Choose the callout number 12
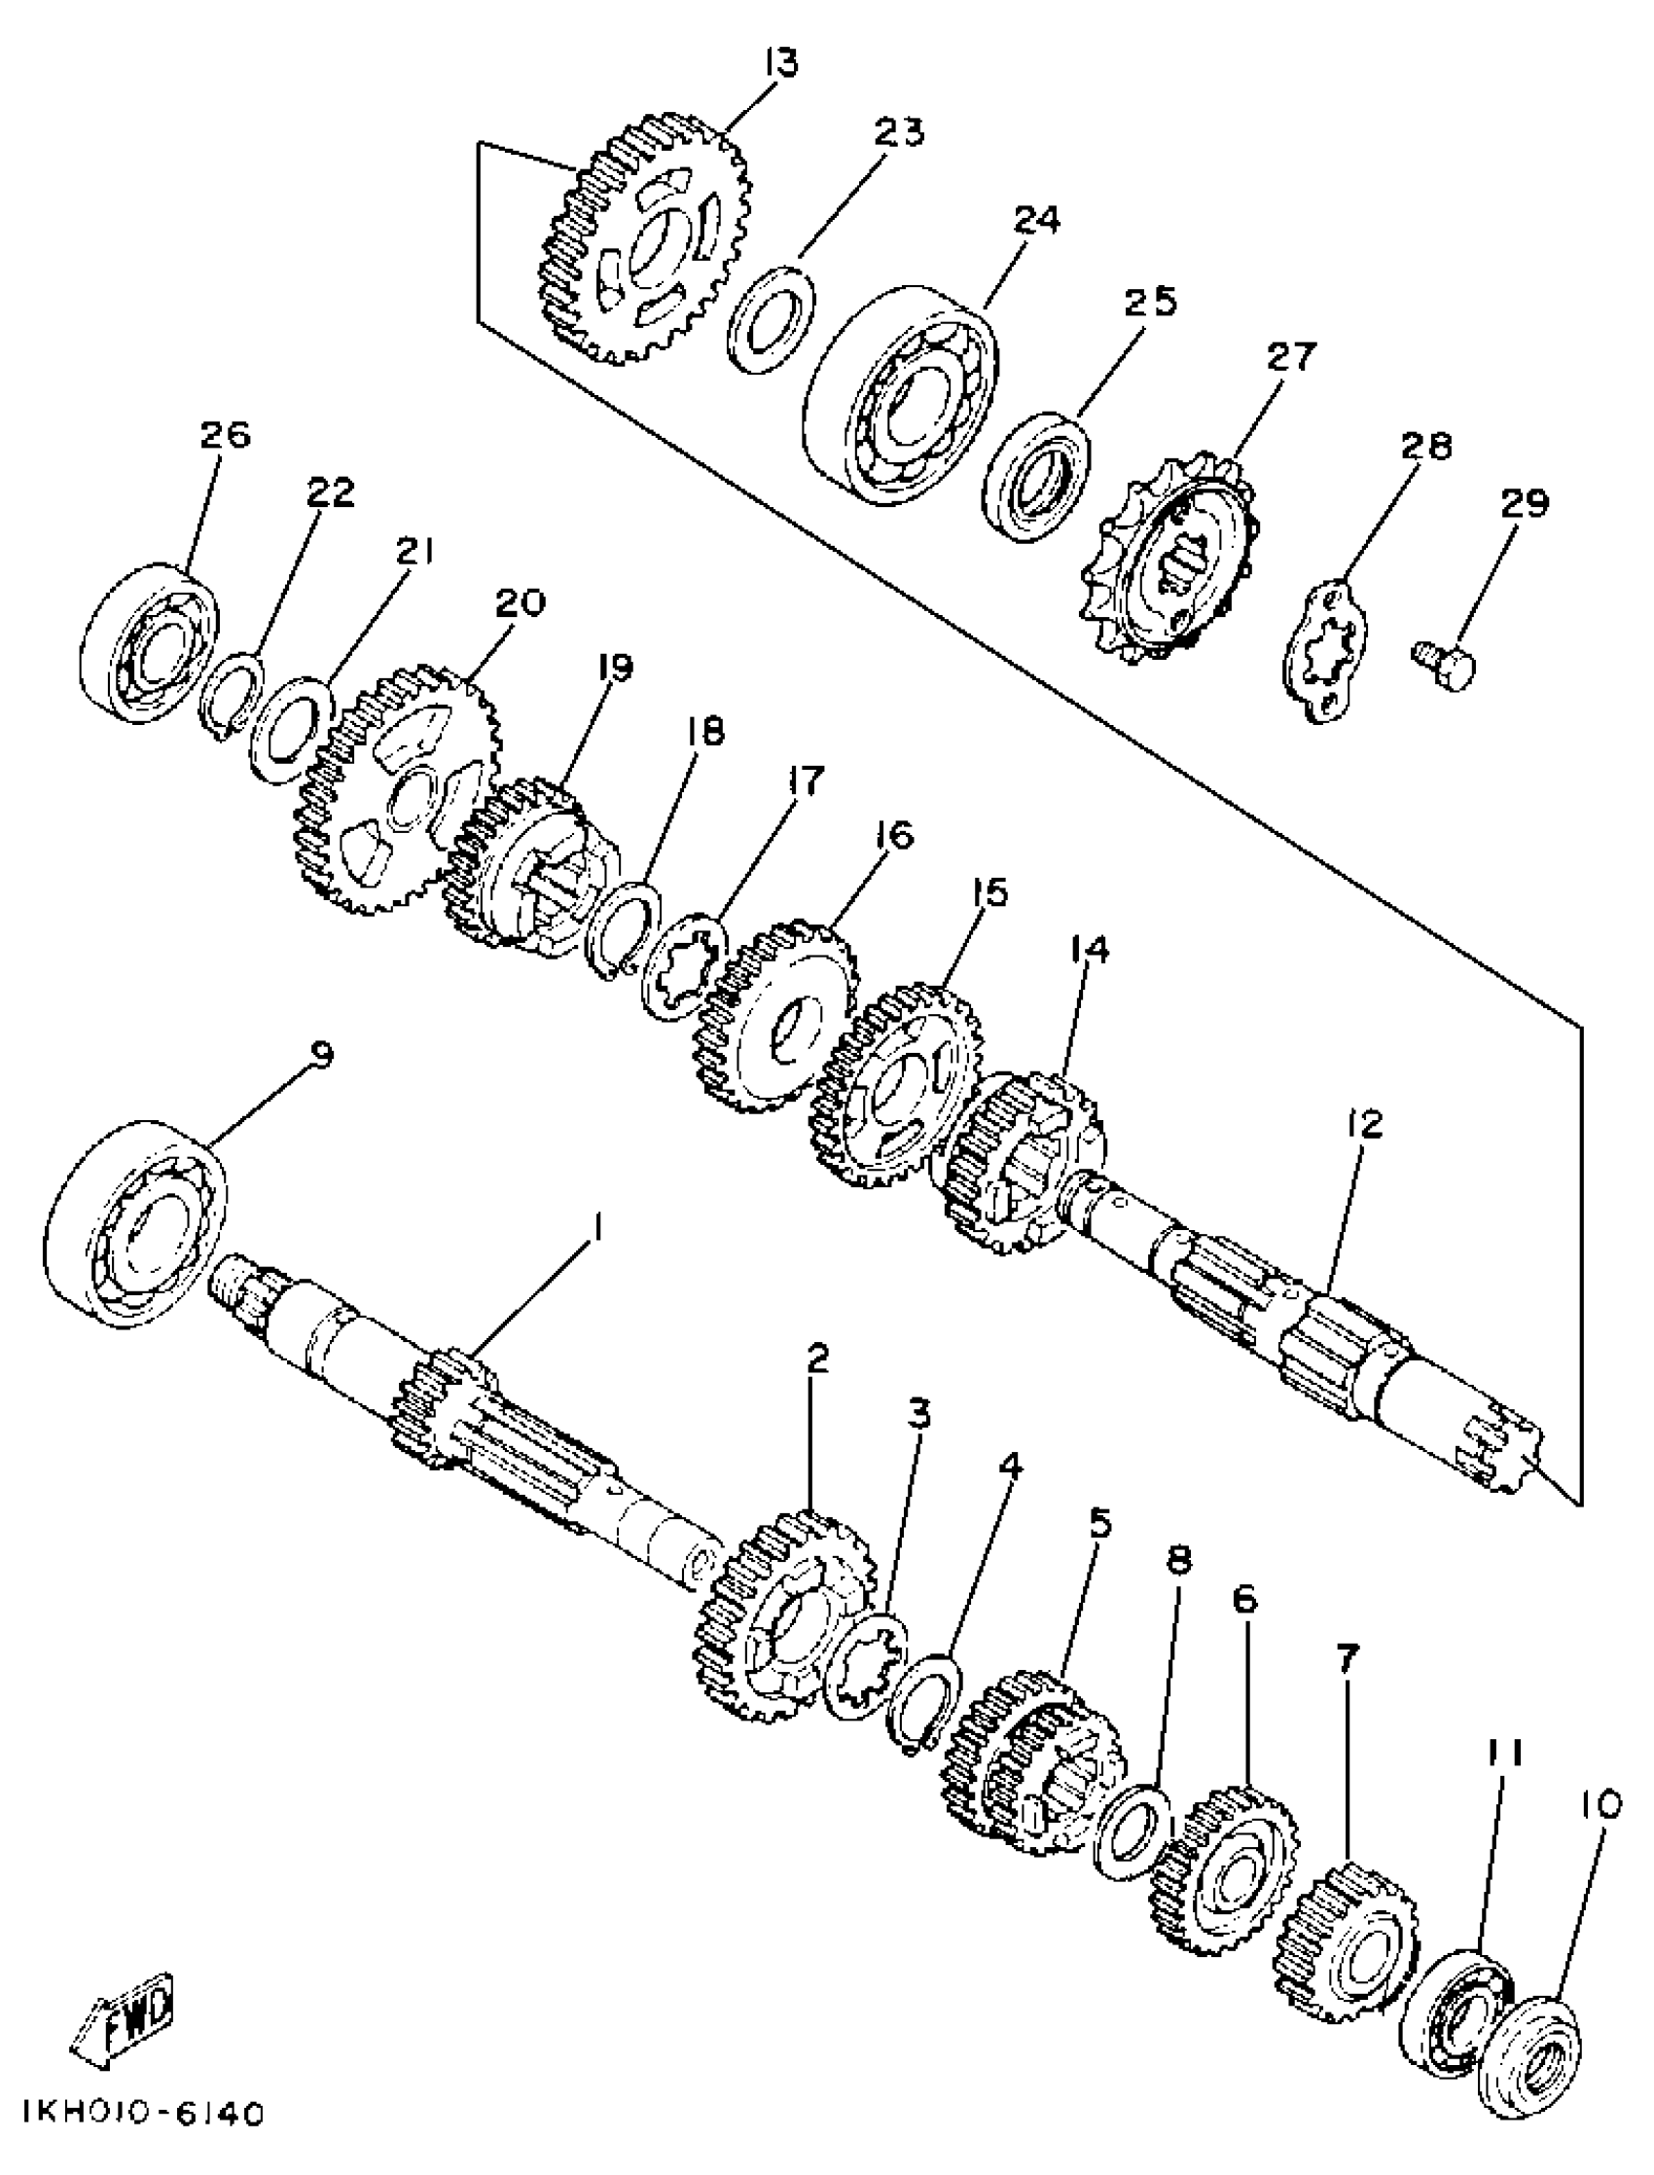click(x=1363, y=1125)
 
